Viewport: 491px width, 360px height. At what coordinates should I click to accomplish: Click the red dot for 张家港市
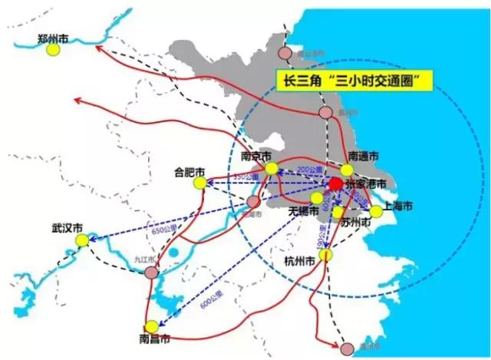(x=335, y=184)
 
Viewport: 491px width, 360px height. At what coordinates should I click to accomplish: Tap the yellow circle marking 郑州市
(x=53, y=50)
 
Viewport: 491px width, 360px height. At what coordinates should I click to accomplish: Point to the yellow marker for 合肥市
(x=199, y=183)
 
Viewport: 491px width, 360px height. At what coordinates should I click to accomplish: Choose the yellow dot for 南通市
(x=347, y=170)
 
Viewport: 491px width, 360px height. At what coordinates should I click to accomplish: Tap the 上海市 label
(x=398, y=206)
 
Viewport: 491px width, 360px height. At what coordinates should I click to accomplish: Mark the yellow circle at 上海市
(x=376, y=211)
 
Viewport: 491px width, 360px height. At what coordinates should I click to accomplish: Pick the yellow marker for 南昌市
(x=153, y=325)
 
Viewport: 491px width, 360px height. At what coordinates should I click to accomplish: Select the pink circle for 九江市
(x=152, y=272)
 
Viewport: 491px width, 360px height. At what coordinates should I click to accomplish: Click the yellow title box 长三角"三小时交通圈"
(x=354, y=80)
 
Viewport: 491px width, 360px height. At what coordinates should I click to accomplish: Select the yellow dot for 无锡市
(x=316, y=197)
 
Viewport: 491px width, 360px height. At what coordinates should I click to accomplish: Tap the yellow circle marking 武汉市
(x=82, y=241)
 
